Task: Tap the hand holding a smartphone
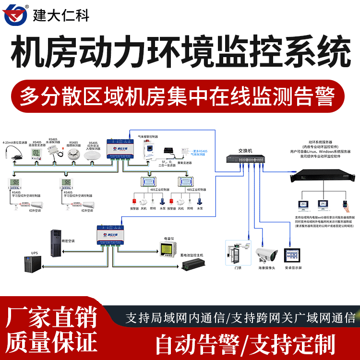tap(344, 204)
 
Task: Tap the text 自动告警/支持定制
tap(245, 344)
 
